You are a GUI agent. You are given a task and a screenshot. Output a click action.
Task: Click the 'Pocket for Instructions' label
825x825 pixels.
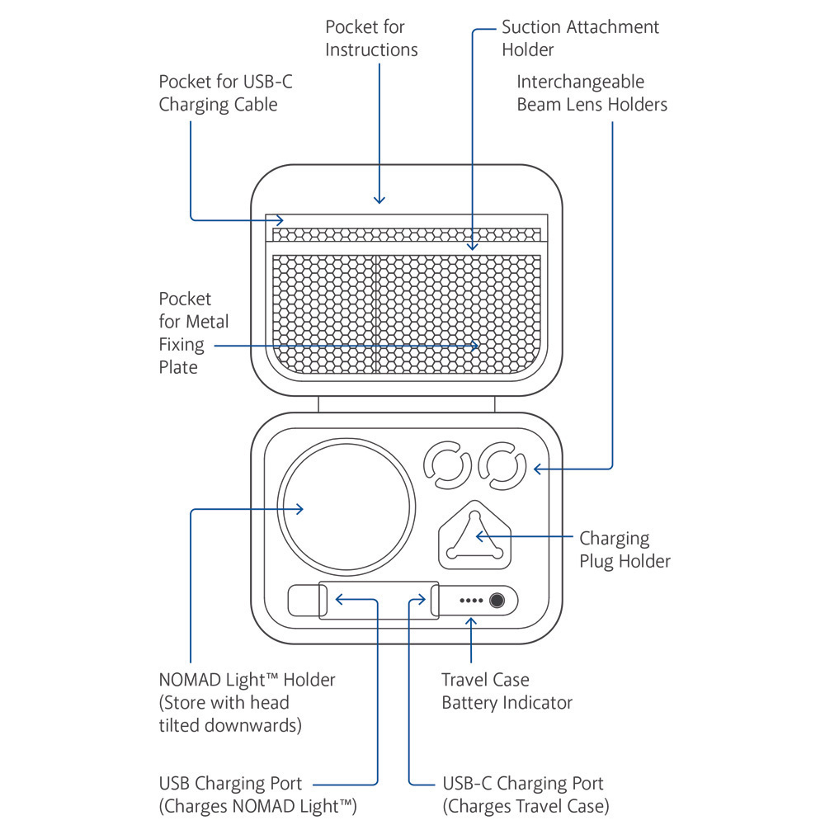click(371, 38)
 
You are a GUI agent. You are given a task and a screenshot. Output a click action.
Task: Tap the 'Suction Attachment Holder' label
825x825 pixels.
click(580, 38)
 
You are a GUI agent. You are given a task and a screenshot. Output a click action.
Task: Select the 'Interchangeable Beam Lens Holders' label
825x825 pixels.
click(592, 93)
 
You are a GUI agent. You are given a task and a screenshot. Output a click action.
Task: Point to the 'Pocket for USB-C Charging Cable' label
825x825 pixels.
click(218, 93)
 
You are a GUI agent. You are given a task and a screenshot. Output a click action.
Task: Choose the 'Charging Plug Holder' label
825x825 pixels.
click(625, 549)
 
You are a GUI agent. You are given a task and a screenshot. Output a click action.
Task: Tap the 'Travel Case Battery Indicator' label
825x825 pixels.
click(507, 691)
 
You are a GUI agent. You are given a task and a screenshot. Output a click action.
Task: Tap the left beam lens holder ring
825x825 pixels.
click(447, 467)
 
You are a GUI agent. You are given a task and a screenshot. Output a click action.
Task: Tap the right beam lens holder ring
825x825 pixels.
click(502, 467)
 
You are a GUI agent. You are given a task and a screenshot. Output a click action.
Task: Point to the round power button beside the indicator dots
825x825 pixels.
click(496, 601)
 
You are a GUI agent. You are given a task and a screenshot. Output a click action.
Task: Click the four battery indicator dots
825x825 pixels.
click(470, 601)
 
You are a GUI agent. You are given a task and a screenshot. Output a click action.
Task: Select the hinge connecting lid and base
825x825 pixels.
click(406, 404)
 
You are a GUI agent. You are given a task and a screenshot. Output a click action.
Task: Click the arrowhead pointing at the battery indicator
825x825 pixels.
click(471, 620)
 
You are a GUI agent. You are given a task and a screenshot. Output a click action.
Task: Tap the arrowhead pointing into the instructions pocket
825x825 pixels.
click(379, 199)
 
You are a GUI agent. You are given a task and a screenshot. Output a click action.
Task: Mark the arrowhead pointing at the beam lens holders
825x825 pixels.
click(538, 469)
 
